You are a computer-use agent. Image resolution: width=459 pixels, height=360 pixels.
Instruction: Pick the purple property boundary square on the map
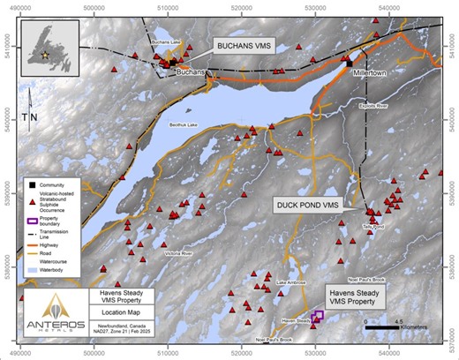tap(318, 315)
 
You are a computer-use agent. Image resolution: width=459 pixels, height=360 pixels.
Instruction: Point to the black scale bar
tap(386, 329)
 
